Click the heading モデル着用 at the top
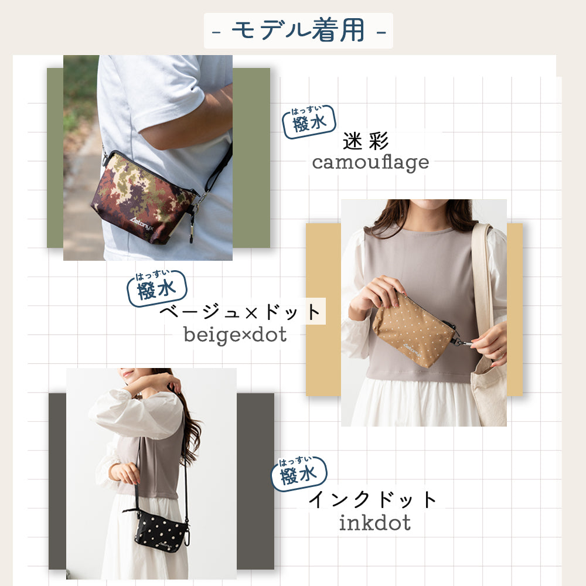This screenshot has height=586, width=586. click(298, 30)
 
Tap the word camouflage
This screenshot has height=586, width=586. click(370, 162)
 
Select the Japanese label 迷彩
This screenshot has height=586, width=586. click(366, 141)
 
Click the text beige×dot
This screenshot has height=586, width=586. click(235, 335)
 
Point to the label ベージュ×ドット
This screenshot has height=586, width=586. click(241, 312)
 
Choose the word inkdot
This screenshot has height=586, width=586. click(374, 522)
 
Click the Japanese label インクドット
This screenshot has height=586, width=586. click(373, 500)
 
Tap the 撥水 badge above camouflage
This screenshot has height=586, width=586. click(309, 122)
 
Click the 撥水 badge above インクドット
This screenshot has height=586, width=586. click(298, 473)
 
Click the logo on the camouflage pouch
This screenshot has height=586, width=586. click(134, 231)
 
